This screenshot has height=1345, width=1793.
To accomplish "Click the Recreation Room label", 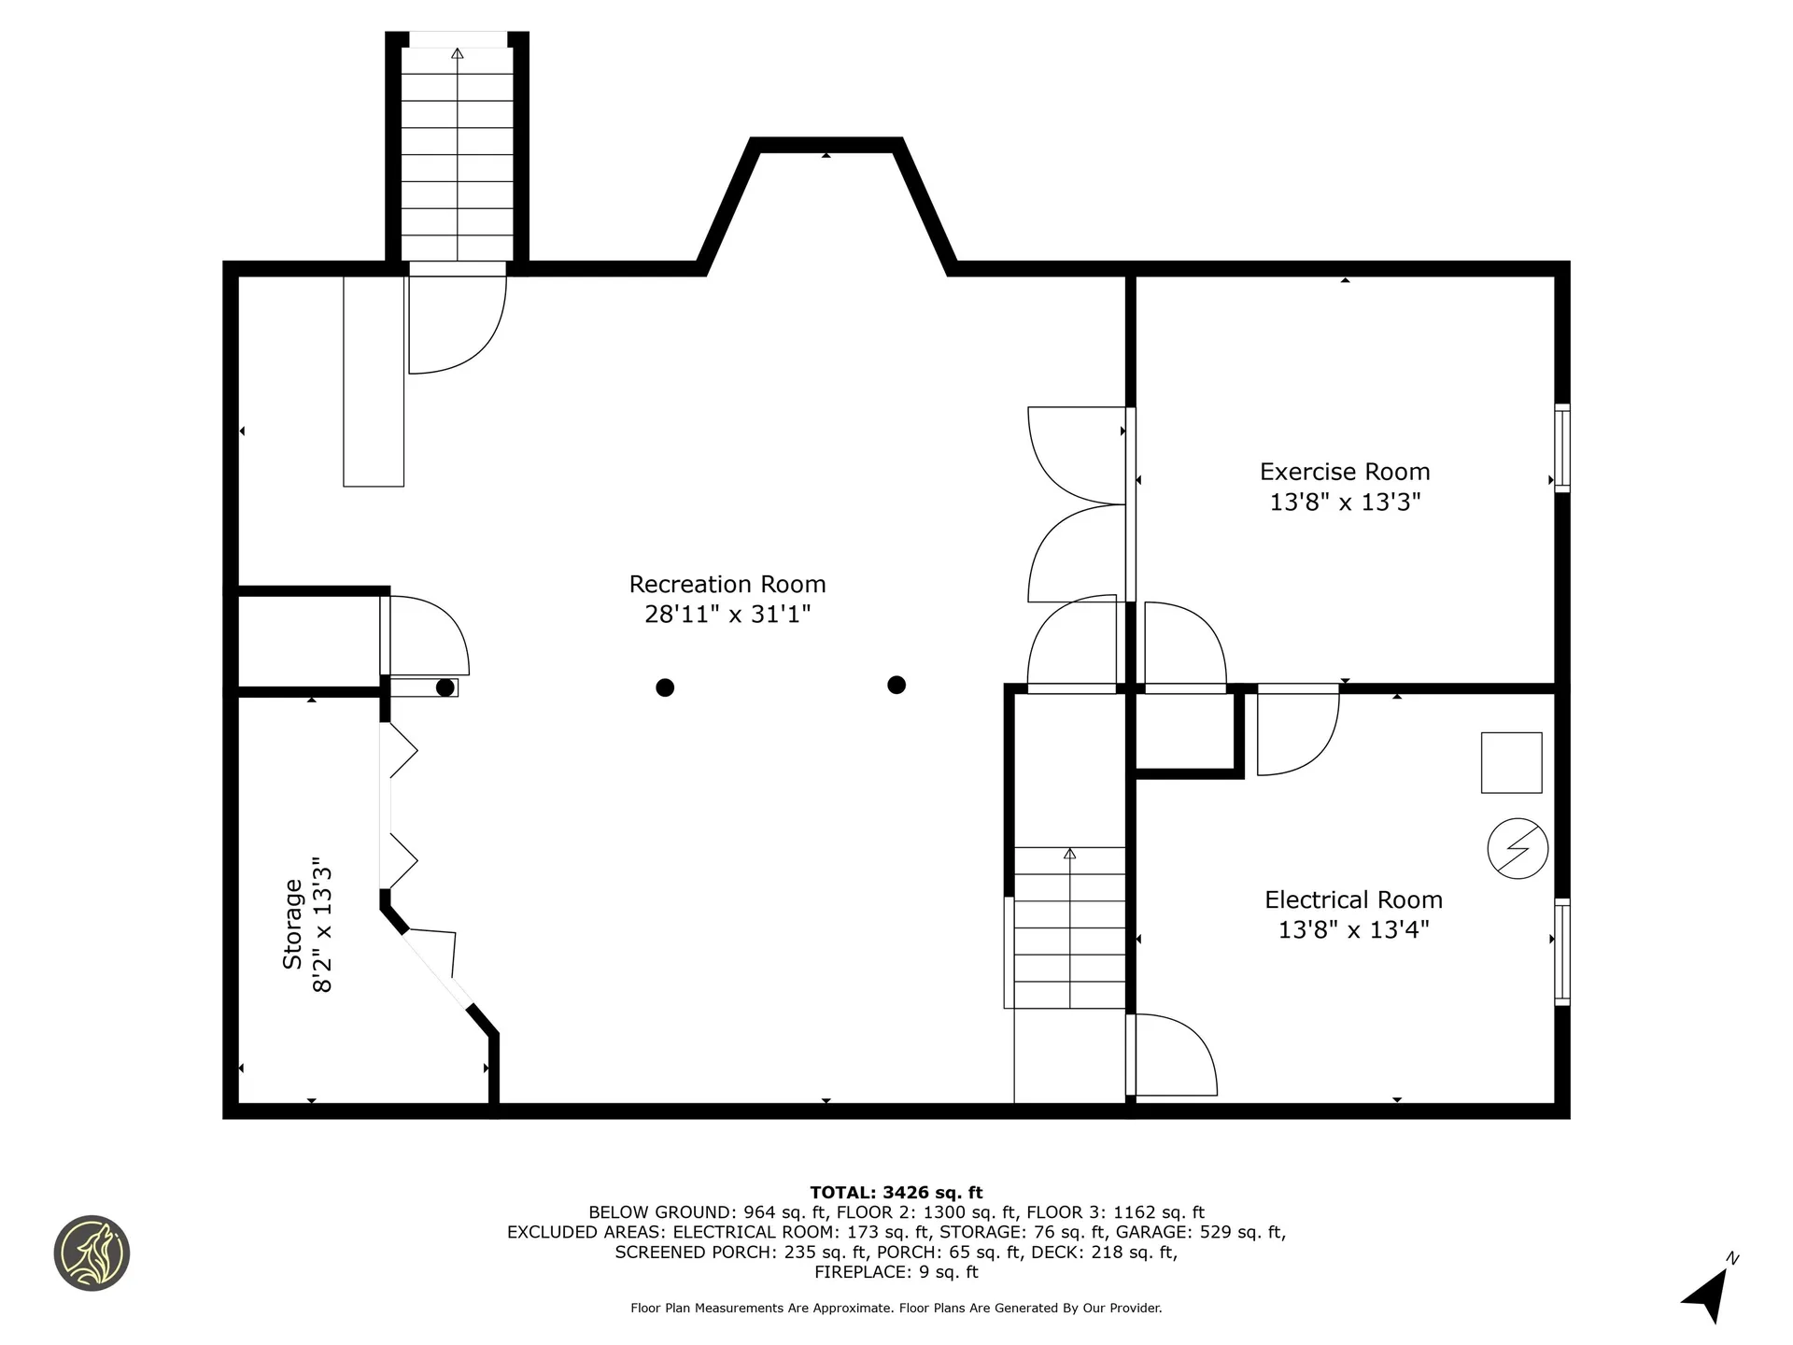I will [727, 585].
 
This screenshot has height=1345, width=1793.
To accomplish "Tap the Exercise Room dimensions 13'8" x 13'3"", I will [1345, 503].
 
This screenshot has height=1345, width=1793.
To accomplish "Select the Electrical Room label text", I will [1353, 900].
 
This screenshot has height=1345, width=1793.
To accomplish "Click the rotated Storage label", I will [293, 924].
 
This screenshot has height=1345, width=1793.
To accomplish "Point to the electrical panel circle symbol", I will [1518, 849].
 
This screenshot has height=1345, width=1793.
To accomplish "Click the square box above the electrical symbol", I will [1511, 763].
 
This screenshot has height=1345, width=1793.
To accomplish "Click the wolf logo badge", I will [92, 1253].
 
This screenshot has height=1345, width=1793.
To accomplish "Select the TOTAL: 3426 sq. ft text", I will [896, 1193].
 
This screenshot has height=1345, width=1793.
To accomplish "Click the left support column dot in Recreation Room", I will [665, 687].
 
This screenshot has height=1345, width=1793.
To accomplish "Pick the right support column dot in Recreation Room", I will [896, 685].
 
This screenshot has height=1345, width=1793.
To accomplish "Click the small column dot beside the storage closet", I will [445, 687].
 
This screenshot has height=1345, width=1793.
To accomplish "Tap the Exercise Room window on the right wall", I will [1561, 447].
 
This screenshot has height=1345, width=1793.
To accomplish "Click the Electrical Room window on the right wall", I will [1561, 952].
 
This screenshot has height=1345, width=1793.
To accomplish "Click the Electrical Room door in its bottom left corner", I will [1172, 1055].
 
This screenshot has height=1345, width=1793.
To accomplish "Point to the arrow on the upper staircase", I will [457, 54].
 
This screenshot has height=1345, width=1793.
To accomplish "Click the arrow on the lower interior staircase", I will [1069, 854].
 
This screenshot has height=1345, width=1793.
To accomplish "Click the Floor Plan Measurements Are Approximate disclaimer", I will [896, 1309].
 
